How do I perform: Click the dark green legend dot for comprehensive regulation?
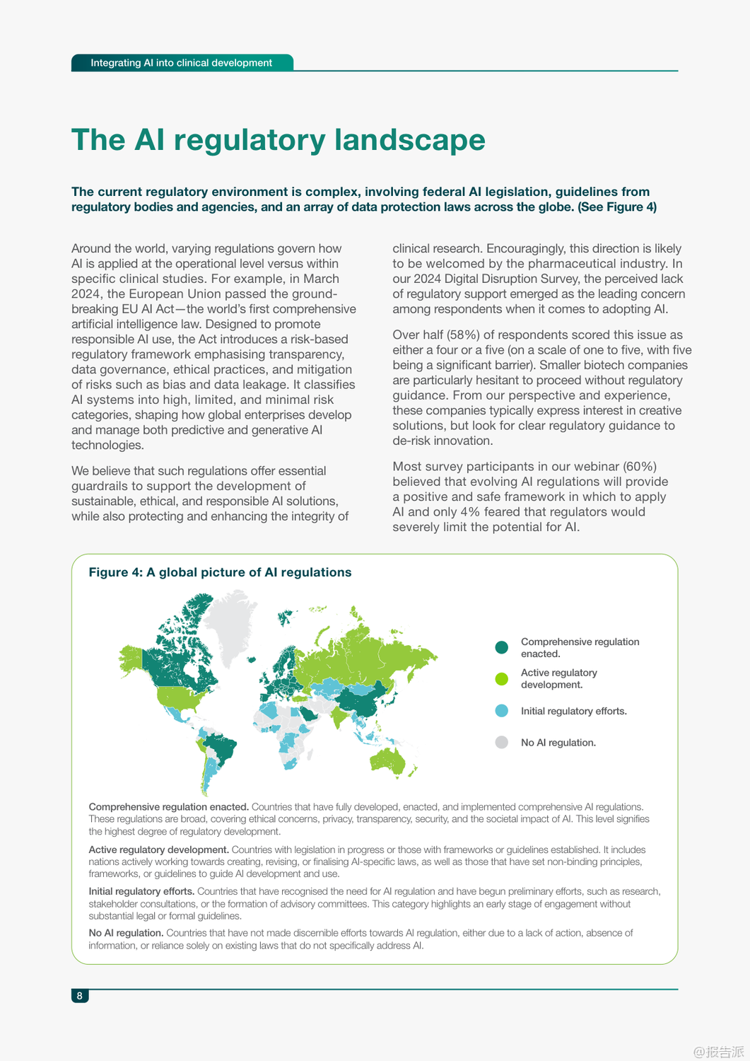click(x=502, y=647)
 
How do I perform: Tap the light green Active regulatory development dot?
click(x=502, y=679)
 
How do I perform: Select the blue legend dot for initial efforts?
click(x=502, y=711)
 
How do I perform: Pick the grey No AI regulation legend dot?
click(x=502, y=743)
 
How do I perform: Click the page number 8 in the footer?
click(x=79, y=996)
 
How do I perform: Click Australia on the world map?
click(x=388, y=760)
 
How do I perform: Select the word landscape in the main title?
click(x=410, y=140)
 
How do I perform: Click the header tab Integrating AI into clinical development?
click(x=181, y=63)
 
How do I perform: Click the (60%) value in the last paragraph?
click(x=640, y=466)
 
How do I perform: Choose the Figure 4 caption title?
click(x=220, y=572)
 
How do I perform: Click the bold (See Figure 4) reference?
click(x=617, y=207)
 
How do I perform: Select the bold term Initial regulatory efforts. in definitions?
click(x=141, y=891)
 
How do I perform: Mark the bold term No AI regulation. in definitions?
click(x=126, y=933)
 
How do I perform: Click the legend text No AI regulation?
click(x=558, y=743)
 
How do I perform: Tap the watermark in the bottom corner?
click(x=718, y=1051)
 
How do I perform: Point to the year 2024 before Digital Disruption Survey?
click(x=427, y=279)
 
